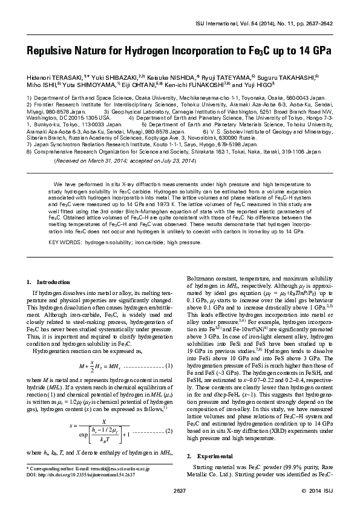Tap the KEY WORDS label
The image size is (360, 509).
point(64,242)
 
